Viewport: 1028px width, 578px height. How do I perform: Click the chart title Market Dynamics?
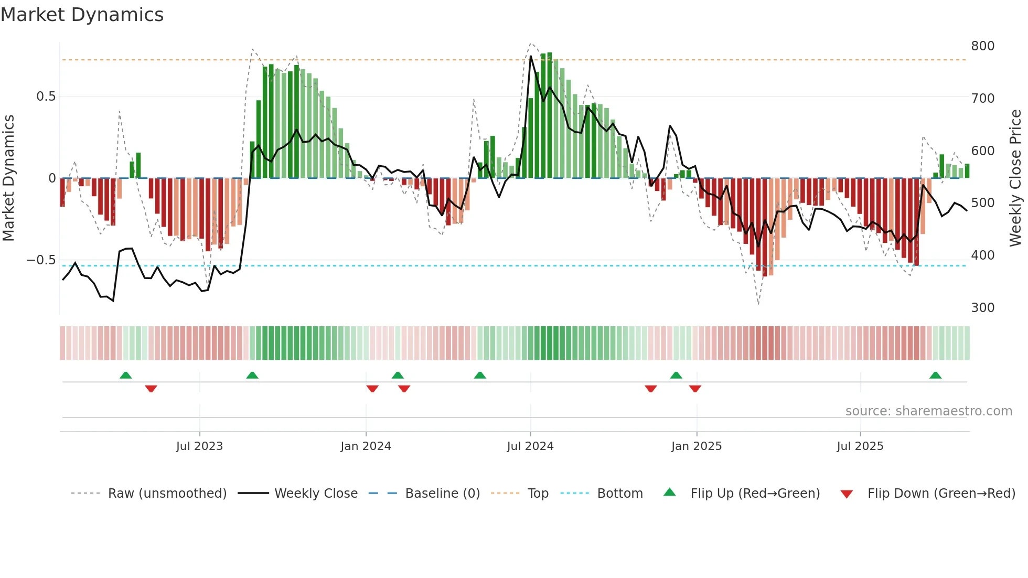click(82, 15)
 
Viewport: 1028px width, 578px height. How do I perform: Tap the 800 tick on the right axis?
click(982, 46)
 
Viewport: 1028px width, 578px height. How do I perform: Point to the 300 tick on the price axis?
click(982, 308)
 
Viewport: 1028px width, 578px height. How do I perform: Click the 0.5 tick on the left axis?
click(46, 97)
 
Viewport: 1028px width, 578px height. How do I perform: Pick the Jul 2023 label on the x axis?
click(199, 446)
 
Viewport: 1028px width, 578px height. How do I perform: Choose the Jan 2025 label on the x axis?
click(696, 446)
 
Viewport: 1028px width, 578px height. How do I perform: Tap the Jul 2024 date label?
click(530, 446)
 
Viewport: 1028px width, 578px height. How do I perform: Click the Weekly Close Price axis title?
click(1015, 178)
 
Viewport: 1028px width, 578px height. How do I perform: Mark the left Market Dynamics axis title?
click(8, 178)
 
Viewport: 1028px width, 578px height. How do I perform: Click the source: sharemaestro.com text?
click(928, 411)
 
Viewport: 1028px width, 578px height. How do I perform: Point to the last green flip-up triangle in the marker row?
click(935, 376)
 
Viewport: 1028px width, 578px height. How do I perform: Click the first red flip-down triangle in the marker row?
click(151, 389)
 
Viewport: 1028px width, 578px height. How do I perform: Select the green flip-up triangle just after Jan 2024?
click(398, 376)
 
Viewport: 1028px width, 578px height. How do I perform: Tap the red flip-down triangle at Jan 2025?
click(695, 389)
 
